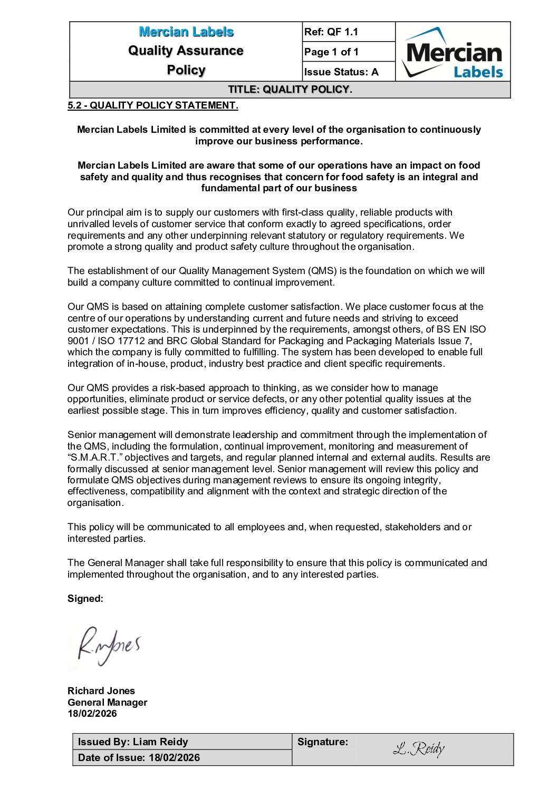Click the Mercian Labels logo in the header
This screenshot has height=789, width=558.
coord(453,52)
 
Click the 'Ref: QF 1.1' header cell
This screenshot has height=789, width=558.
coord(331,32)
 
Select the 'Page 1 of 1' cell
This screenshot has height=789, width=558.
coord(331,52)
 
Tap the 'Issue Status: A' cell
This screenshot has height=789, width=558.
coord(341,72)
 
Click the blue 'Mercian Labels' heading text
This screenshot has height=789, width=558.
coord(186,32)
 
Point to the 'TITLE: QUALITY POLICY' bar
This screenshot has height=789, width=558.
coord(290,90)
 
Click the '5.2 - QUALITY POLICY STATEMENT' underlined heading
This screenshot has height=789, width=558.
coord(152,105)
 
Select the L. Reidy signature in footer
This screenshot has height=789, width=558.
coord(419,748)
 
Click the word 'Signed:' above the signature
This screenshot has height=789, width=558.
coord(85,599)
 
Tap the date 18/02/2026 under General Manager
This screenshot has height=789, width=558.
coord(92,714)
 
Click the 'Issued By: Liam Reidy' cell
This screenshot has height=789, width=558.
coord(133,742)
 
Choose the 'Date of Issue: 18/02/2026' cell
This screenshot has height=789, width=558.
coord(139,757)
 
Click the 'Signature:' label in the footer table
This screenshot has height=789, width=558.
coord(322,742)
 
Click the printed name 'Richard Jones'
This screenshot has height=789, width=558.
coord(101,690)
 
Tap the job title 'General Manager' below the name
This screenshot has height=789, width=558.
coord(107,702)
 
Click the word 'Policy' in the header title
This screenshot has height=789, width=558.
coord(186,70)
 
